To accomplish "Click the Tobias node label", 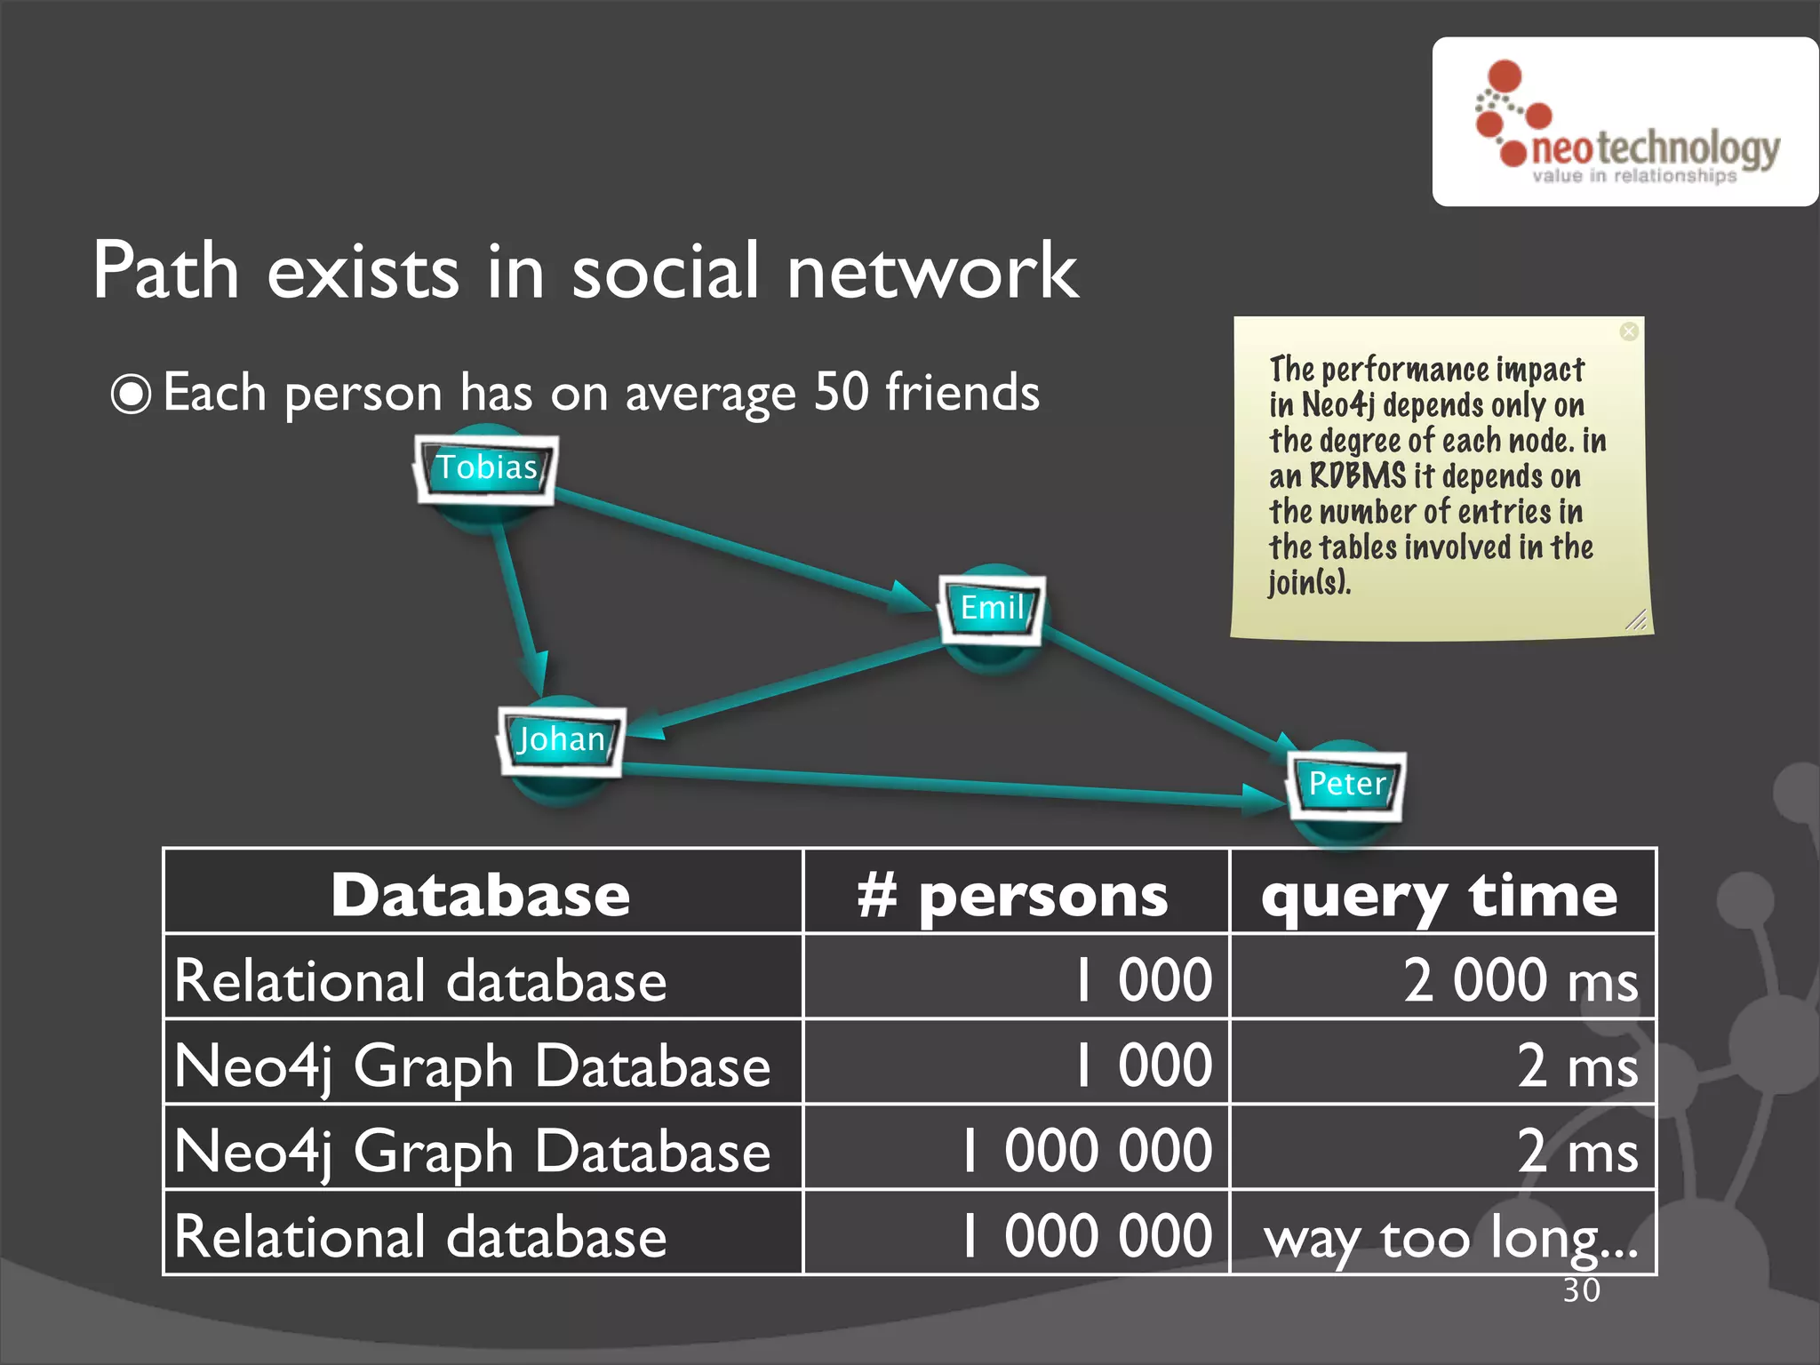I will pyautogui.click(x=486, y=467).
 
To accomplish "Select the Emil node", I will pyautogui.click(x=992, y=608).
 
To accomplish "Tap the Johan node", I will pyautogui.click(x=561, y=739).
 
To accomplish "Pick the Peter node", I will pyautogui.click(x=1346, y=784).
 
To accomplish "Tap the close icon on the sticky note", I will pyautogui.click(x=1628, y=331).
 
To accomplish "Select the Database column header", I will pyautogui.click(x=481, y=894).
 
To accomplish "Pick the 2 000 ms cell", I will pyautogui.click(x=1520, y=981).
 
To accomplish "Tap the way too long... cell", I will pyautogui.click(x=1450, y=1237).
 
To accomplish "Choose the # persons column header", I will pyautogui.click(x=1013, y=896).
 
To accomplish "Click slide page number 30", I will pyautogui.click(x=1581, y=1290).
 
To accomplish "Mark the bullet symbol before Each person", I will pyautogui.click(x=132, y=395).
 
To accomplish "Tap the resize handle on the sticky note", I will pyautogui.click(x=1636, y=619).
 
